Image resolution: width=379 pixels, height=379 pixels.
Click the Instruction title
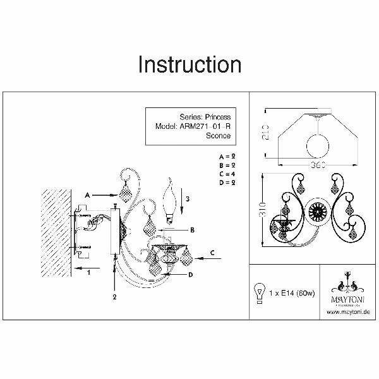pos(189,64)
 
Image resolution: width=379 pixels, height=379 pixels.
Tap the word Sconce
pos(219,135)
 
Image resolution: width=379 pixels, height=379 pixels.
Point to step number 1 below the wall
pos(89,272)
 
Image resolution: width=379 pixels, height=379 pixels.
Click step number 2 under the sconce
pos(114,296)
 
